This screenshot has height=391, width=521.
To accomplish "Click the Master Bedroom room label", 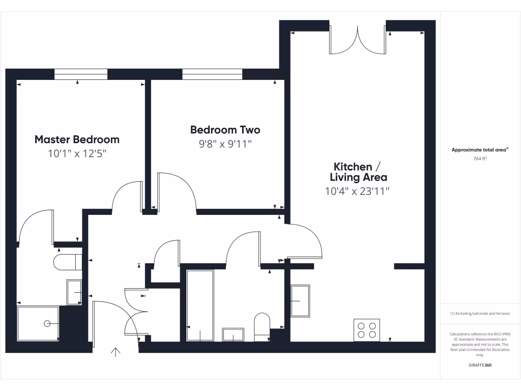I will [77, 139].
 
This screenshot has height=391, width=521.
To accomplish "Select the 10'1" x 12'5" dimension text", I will [77, 153].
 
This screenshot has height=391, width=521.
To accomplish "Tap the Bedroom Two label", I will [225, 130].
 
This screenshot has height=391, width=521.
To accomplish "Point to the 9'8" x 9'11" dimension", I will [225, 144].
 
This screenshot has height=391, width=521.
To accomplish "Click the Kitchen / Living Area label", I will [358, 172].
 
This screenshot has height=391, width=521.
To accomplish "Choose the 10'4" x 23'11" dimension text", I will [358, 191].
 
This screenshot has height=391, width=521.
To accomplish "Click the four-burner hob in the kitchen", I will [367, 329].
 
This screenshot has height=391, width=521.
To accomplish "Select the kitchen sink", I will [300, 301].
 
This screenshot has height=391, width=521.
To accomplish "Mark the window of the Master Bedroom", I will [81, 74].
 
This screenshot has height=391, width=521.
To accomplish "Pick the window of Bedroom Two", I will [212, 74].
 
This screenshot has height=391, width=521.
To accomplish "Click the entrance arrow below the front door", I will [115, 352].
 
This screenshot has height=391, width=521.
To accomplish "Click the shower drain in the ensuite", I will [47, 323].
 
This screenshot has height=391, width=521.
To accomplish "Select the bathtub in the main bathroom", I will [200, 305].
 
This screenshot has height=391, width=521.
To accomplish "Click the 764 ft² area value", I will [480, 159].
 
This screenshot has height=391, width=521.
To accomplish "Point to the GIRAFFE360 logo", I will [480, 365].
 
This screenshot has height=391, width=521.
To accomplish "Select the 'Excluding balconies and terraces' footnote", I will [480, 314].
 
